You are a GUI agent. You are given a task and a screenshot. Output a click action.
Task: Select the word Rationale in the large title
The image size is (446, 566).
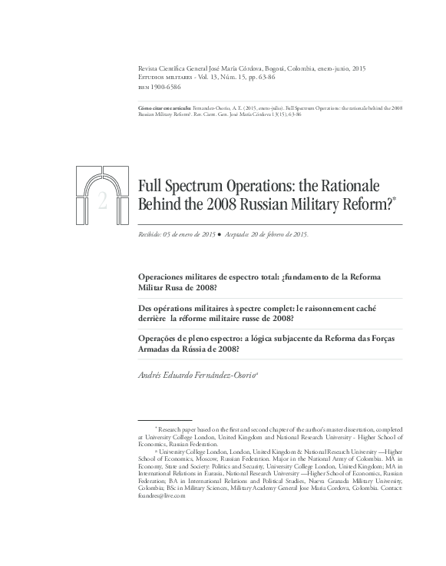click(x=351, y=185)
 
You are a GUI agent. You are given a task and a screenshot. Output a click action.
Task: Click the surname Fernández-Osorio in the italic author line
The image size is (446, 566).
click(x=217, y=374)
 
